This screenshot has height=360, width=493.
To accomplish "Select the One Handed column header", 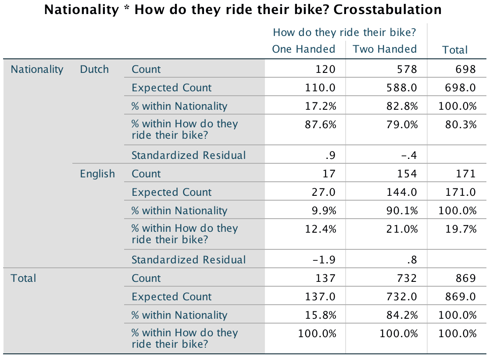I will click(x=304, y=49).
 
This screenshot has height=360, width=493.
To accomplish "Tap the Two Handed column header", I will click(x=385, y=49).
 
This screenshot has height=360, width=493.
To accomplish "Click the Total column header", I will click(x=455, y=50).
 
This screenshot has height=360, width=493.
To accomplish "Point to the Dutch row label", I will click(x=94, y=69).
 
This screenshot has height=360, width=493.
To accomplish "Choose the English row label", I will click(x=97, y=174).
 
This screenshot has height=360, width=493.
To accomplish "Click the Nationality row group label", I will click(x=37, y=69).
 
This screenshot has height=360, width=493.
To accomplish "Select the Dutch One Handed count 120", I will click(x=325, y=69).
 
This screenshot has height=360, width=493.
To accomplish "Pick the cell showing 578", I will click(x=407, y=69).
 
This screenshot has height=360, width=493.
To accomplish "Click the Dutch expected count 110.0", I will click(x=321, y=88).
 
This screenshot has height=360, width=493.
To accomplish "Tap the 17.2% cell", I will click(x=321, y=106).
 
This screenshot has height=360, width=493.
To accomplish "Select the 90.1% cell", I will click(x=402, y=211).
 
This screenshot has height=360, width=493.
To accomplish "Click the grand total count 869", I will click(x=465, y=278).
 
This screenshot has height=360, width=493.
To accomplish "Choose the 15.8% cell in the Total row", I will click(x=321, y=315).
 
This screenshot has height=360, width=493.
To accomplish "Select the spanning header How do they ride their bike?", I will click(x=344, y=32).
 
